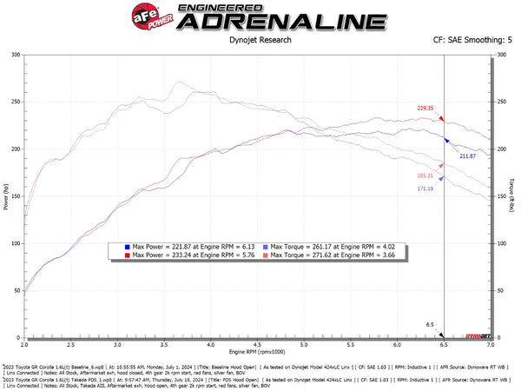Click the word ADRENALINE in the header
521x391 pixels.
pos(280,22)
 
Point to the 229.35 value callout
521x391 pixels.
pos(425,109)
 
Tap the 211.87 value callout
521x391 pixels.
pos(468,156)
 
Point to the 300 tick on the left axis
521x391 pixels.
pos(16,55)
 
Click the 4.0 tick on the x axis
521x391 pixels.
pos(213,346)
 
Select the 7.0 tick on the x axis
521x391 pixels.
pos(491,346)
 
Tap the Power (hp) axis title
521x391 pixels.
pos(7,196)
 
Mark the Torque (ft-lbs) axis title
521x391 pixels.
pos(514,196)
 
